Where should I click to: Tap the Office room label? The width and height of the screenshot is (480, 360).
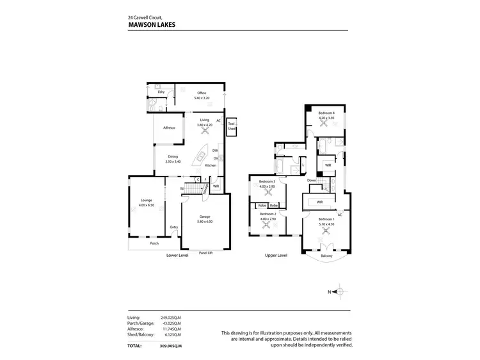[x=201, y=94]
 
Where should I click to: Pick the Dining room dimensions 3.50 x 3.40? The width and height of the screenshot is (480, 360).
[x=173, y=161]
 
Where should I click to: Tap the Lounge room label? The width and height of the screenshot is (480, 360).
[x=147, y=200]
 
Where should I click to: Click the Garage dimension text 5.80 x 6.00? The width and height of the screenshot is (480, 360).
[x=205, y=221]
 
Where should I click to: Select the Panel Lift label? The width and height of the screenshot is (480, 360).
[x=206, y=252]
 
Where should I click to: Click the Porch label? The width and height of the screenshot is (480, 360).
[x=154, y=243]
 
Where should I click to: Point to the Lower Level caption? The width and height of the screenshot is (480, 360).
[x=177, y=255]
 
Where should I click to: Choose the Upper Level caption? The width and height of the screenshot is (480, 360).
[x=276, y=255]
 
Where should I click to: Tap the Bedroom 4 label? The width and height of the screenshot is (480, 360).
[x=327, y=113]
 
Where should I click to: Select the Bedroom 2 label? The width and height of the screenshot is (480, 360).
[x=268, y=214]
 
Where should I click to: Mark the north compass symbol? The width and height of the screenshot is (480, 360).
[x=340, y=292]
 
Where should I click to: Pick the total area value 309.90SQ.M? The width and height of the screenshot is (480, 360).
[x=172, y=345]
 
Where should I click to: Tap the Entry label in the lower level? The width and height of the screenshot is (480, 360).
[x=173, y=227]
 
